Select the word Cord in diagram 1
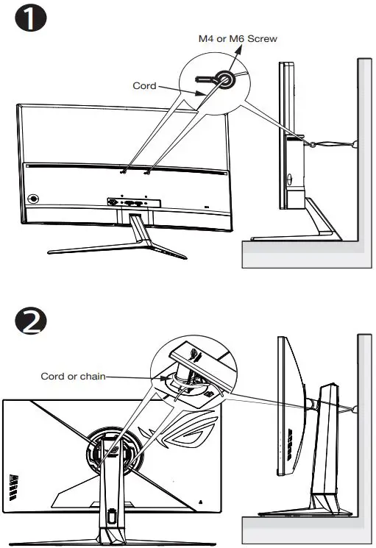click(144, 86)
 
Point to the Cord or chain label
click(73, 376)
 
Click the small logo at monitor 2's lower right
click(200, 499)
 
